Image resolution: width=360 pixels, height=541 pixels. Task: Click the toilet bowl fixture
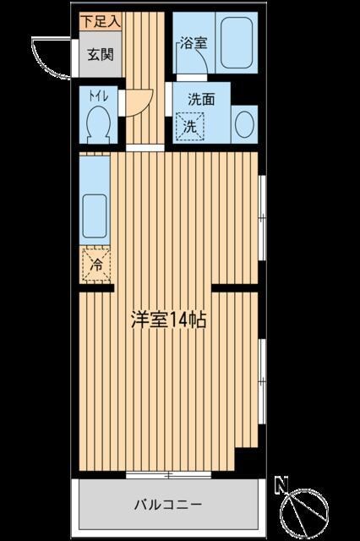99,127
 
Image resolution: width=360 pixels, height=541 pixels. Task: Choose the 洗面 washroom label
201,98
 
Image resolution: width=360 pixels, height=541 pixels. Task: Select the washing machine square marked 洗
191,126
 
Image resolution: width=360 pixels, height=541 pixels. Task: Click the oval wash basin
243,126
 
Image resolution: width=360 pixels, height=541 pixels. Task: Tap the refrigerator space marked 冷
96,265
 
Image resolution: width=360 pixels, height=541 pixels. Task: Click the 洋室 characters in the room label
146,320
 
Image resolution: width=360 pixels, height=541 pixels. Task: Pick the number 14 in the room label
178,320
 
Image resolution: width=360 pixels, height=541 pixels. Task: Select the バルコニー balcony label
167,505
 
